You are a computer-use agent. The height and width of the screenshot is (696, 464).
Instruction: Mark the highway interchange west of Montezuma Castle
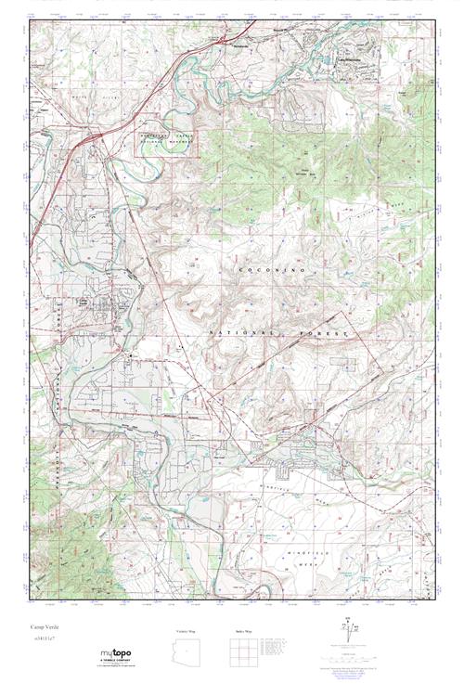point(93,139)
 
